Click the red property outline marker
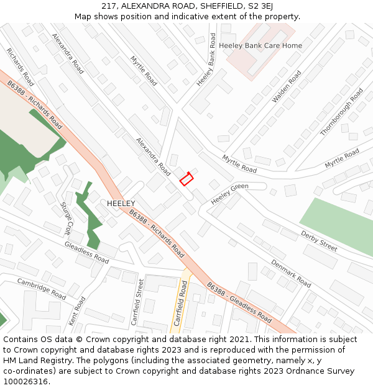186,179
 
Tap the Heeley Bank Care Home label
260,45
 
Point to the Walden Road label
287,87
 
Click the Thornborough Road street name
341,112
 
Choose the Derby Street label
318,241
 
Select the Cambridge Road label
42,289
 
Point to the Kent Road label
77,311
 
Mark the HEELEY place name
121,204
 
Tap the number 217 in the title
110,6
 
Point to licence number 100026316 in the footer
25,382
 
